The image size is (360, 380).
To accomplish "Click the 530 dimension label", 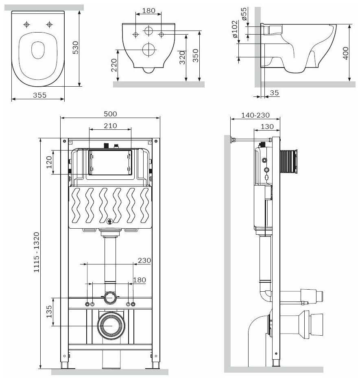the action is [x=76, y=47].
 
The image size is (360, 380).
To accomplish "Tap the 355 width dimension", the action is [x=39, y=95].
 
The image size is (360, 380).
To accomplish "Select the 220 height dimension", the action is [x=114, y=65].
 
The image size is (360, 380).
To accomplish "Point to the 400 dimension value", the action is [x=345, y=53].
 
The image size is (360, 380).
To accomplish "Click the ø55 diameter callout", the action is [x=244, y=14].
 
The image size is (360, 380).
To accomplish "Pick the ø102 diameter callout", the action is [x=235, y=29].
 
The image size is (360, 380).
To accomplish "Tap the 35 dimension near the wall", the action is [x=274, y=93].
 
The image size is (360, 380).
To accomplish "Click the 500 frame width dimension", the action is [x=110, y=114].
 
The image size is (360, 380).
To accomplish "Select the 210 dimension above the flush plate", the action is [x=110, y=126].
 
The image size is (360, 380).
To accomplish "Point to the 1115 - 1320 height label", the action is [x=36, y=252].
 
